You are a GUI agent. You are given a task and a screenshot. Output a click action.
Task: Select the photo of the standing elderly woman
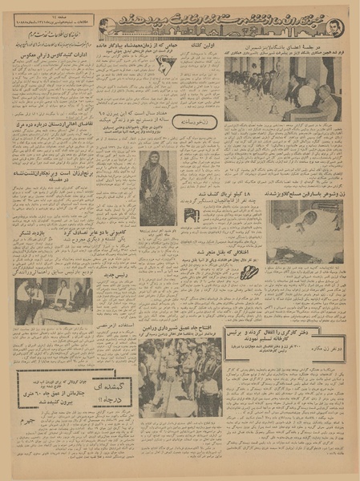tap(156, 188)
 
